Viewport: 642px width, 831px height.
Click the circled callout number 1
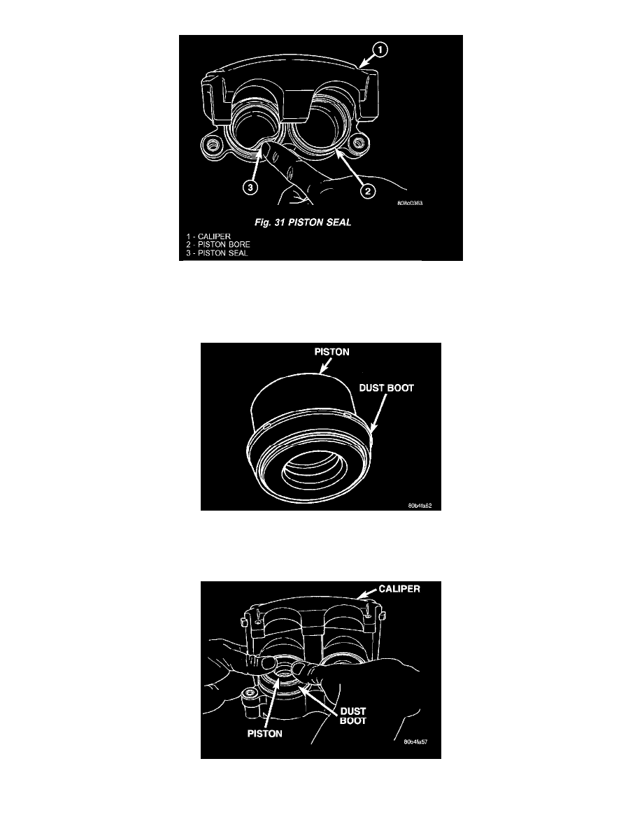pyautogui.click(x=380, y=50)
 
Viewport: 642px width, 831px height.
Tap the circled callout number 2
pyautogui.click(x=368, y=191)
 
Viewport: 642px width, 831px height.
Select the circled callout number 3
pyautogui.click(x=250, y=187)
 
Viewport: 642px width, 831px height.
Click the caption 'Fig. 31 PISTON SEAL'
pyautogui.click(x=302, y=222)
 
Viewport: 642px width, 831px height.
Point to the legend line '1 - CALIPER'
pyautogui.click(x=208, y=236)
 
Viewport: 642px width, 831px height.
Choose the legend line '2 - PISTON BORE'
pyautogui.click(x=217, y=244)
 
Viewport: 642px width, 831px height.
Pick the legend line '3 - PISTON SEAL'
pyautogui.click(x=217, y=253)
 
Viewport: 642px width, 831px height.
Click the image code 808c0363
pyautogui.click(x=410, y=203)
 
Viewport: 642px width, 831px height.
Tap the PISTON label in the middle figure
pyautogui.click(x=331, y=352)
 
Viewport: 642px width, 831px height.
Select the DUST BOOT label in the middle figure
pyautogui.click(x=386, y=388)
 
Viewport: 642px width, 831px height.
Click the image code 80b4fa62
pyautogui.click(x=420, y=506)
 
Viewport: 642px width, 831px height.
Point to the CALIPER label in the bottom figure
pyautogui.click(x=399, y=589)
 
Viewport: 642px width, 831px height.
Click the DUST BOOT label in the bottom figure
pyautogui.click(x=352, y=716)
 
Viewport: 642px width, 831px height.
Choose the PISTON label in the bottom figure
pyautogui.click(x=265, y=734)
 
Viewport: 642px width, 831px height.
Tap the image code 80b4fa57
pyautogui.click(x=415, y=741)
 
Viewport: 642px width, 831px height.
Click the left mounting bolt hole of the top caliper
pyautogui.click(x=213, y=145)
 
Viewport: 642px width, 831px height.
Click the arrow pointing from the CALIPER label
pyautogui.click(x=368, y=593)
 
